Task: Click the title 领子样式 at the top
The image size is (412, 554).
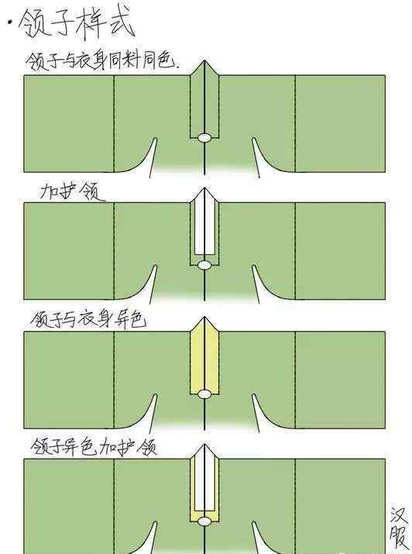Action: coord(76,24)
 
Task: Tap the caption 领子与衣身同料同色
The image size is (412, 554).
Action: coord(102,61)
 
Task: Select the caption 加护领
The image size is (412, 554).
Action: coord(72,192)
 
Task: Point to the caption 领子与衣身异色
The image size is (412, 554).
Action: coord(88,320)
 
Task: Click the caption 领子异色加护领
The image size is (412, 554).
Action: coord(94,446)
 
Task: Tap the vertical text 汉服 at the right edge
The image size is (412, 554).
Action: coord(399,530)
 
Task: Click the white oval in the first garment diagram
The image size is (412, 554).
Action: coord(204,137)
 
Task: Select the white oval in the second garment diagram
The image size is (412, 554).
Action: coord(204,265)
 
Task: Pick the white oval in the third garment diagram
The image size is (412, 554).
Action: coord(204,394)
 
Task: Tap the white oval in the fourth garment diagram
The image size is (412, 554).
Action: coord(204,521)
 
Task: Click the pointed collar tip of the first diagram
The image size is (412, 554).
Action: coord(204,60)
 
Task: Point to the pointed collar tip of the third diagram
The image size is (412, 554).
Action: coord(204,317)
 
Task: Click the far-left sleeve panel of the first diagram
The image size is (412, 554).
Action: coord(69,124)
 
